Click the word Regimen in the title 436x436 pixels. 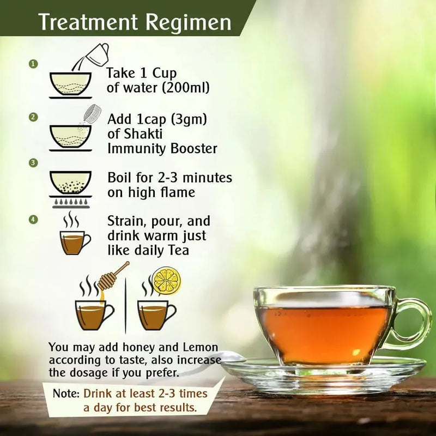click(x=189, y=23)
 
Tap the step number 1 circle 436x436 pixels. click(x=33, y=64)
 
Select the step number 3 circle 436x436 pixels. click(x=33, y=162)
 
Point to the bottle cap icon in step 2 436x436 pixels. click(x=92, y=114)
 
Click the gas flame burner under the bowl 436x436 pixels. click(x=70, y=202)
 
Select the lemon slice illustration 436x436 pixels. click(x=167, y=280)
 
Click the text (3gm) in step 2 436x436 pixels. click(x=189, y=119)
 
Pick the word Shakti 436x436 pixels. click(x=143, y=134)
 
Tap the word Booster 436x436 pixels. click(x=193, y=148)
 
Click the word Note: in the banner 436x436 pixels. click(x=66, y=393)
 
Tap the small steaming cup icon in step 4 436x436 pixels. click(x=75, y=234)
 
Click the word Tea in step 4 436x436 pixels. click(x=179, y=250)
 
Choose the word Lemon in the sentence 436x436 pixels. click(x=200, y=347)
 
